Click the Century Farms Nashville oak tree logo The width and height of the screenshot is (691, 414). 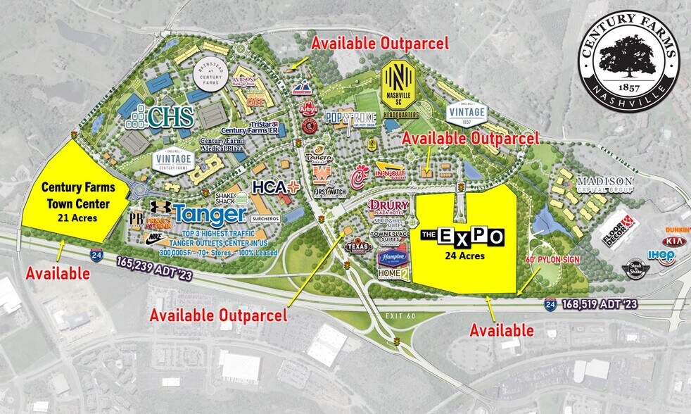pos(629,53)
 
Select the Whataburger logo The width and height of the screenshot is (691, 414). pos(322,172)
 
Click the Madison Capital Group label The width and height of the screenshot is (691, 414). pos(605,184)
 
